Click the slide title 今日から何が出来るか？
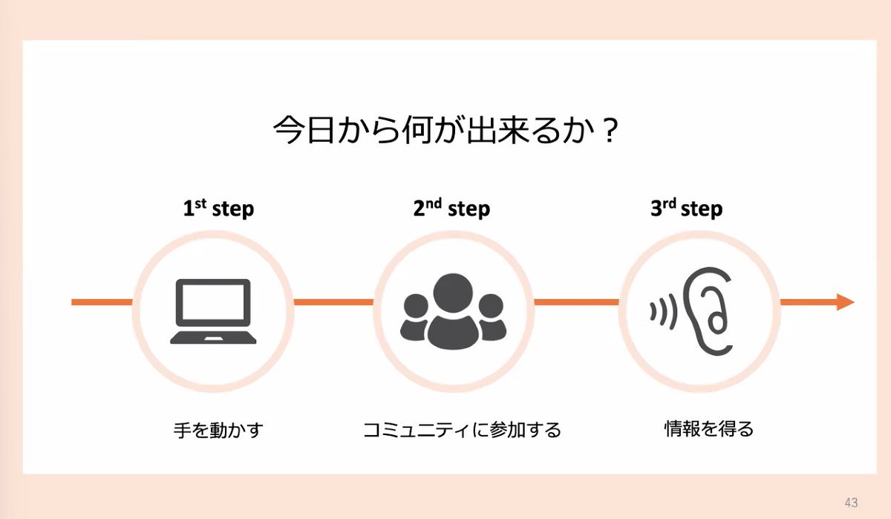tap(446, 131)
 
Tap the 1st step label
tap(218, 209)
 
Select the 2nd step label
tap(451, 209)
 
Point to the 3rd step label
tap(686, 209)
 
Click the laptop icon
tap(213, 311)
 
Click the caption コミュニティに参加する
tap(462, 429)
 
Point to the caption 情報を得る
tap(708, 428)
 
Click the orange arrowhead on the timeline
tap(845, 301)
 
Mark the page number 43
tap(851, 502)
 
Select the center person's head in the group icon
tap(453, 292)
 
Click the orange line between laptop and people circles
tap(333, 302)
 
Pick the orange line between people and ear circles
tap(576, 302)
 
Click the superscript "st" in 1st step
tap(200, 203)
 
